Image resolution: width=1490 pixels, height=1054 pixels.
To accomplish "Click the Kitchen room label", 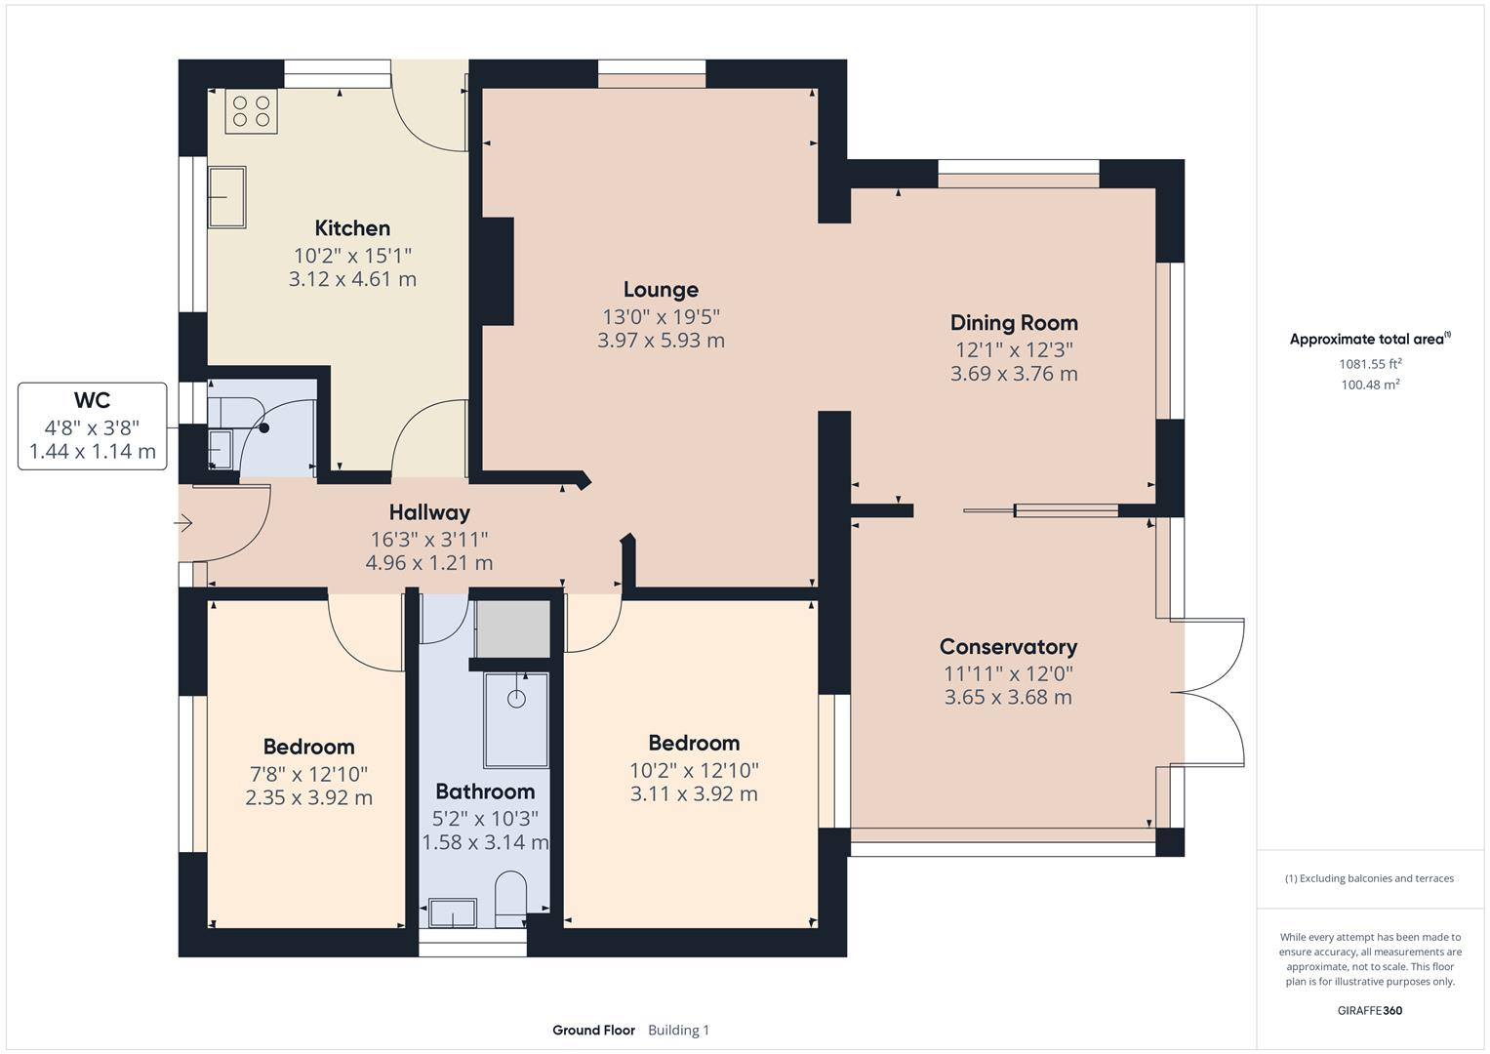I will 352,228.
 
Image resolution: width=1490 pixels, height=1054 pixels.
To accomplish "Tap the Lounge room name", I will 661,290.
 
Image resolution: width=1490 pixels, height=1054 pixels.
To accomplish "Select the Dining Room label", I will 1014,323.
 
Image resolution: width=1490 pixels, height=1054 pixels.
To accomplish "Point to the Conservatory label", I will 1008,647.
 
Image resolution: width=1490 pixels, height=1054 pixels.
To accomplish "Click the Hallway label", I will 429,512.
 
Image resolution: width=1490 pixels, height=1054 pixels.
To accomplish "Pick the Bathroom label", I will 485,791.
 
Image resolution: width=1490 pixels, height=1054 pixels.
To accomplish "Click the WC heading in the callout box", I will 92,400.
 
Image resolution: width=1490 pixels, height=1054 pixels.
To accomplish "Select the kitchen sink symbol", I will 226,196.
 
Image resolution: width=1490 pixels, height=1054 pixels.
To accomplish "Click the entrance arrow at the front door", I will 183,524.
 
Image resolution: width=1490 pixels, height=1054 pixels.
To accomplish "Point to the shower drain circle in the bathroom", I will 516,699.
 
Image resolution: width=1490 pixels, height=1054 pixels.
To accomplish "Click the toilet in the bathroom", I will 511,898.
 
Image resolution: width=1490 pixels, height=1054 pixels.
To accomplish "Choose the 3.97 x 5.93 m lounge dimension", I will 661,341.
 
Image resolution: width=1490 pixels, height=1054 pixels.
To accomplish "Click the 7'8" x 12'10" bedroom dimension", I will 308,774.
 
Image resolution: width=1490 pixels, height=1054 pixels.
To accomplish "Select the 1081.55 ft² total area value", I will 1370,364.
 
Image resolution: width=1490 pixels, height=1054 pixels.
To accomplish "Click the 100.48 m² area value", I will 1370,385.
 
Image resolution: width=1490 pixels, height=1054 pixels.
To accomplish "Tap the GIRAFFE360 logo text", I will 1369,1010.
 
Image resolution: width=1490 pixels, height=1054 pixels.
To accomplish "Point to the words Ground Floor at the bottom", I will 593,1031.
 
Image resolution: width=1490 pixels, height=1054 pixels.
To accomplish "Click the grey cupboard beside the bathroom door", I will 512,628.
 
